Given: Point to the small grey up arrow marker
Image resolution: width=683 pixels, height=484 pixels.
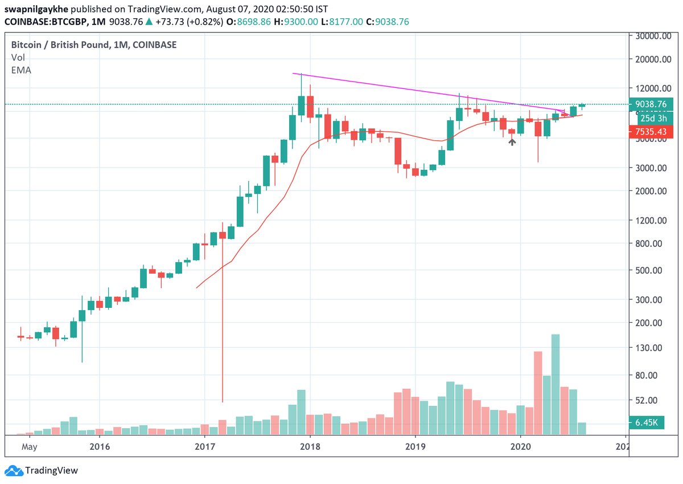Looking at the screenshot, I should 512,141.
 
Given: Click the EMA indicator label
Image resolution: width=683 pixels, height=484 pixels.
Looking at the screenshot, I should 21,70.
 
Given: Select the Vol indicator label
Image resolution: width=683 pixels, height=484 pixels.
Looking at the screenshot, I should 18,58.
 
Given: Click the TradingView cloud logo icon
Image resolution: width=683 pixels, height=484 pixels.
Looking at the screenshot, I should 13,471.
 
